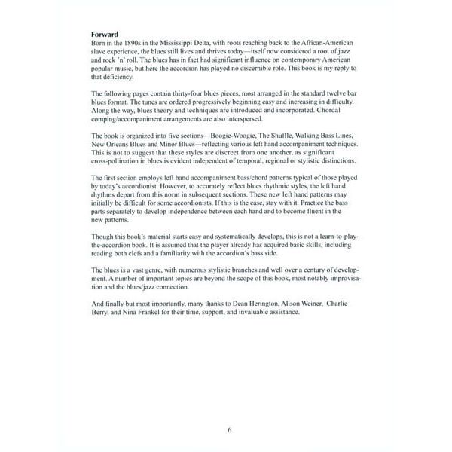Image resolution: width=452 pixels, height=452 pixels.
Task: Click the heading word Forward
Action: [105, 34]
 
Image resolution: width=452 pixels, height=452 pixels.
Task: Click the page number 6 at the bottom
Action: [230, 429]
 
